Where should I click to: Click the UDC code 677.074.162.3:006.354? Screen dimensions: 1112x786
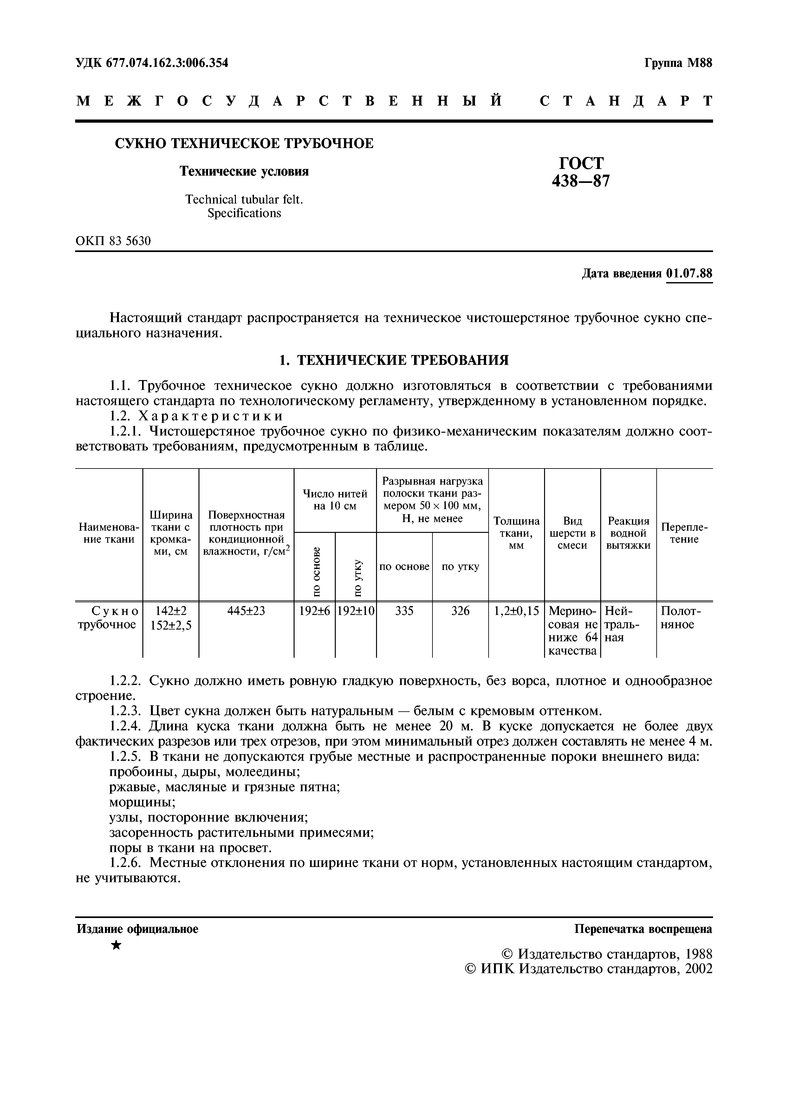[x=152, y=63]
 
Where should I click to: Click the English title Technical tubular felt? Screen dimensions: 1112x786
[x=244, y=199]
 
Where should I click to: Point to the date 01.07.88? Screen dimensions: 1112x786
[x=689, y=274]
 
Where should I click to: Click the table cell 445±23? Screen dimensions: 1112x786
[x=246, y=611]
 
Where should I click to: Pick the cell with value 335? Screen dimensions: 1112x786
[x=404, y=611]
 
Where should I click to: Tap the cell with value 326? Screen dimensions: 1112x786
[x=460, y=611]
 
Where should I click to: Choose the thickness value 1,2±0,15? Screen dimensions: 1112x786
[x=516, y=611]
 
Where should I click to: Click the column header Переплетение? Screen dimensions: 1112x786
[x=684, y=533]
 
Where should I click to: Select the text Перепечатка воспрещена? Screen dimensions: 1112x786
[x=643, y=929]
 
